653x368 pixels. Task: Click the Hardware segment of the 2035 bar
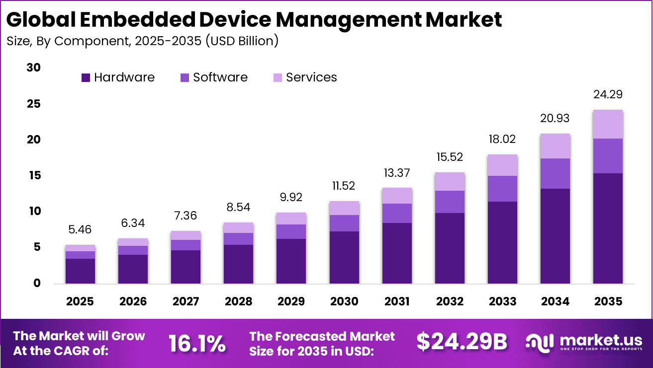click(608, 228)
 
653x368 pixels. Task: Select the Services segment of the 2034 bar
click(555, 146)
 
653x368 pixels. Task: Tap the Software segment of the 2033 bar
click(502, 189)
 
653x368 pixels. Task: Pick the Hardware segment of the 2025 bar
click(80, 271)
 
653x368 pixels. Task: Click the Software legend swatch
click(185, 78)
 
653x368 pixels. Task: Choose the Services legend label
click(311, 77)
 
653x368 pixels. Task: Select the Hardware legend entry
click(117, 77)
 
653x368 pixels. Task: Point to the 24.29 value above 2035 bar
click(608, 94)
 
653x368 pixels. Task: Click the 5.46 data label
click(80, 229)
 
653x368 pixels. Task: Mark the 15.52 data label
click(450, 157)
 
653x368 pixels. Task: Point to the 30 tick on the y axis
click(34, 68)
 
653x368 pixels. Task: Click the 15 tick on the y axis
click(34, 176)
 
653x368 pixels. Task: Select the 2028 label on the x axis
click(238, 301)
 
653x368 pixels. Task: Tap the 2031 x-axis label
click(397, 301)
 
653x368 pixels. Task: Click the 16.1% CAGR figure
click(197, 343)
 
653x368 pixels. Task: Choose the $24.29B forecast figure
click(462, 342)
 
